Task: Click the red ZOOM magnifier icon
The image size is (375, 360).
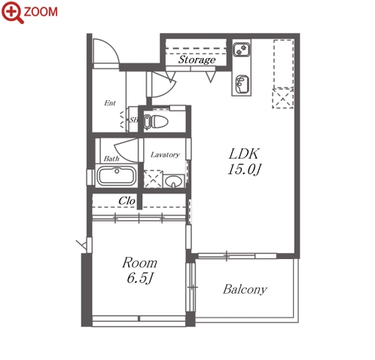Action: click(13, 12)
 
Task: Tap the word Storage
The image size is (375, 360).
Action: click(197, 60)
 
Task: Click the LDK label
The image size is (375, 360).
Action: click(243, 154)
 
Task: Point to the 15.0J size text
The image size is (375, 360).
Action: click(244, 169)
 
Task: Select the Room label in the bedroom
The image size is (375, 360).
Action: click(139, 263)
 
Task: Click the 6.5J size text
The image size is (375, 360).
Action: click(140, 278)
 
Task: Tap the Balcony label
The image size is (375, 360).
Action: click(245, 289)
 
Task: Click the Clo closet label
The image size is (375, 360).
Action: click(127, 201)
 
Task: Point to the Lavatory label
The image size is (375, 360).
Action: click(165, 154)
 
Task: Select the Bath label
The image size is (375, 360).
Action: click(111, 159)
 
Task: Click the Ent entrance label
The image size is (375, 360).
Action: click(110, 103)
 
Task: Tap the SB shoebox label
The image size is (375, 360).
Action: click(133, 120)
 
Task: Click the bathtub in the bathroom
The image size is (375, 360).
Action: click(116, 175)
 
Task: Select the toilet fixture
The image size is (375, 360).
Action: click(156, 122)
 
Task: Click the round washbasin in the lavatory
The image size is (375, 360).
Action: click(173, 181)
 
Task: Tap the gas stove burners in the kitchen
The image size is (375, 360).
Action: click(241, 50)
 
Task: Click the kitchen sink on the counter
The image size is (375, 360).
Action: click(242, 84)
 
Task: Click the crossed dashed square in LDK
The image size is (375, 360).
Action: click(283, 98)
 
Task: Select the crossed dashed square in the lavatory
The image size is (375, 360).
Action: click(153, 179)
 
